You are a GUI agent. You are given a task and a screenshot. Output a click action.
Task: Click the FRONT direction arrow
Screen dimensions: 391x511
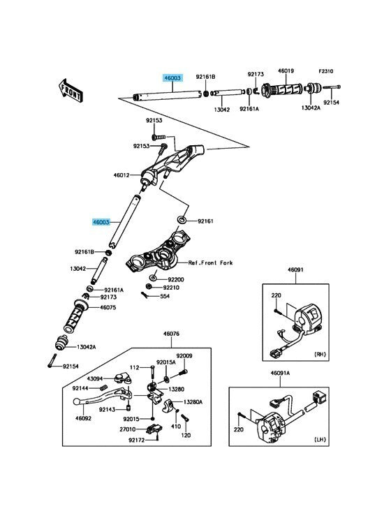coord(71,90)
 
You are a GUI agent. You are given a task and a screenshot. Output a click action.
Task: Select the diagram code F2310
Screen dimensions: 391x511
coord(325,71)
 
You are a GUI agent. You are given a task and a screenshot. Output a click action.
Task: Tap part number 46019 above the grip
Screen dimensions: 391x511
coord(286,71)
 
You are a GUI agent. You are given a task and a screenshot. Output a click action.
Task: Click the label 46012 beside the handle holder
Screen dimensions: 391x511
coord(121,175)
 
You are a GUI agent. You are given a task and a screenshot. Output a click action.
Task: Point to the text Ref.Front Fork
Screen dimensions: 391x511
coord(210,262)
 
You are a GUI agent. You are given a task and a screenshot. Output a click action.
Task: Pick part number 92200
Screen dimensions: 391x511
coord(176,280)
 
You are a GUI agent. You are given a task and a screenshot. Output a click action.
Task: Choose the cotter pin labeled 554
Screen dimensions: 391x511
coord(145,295)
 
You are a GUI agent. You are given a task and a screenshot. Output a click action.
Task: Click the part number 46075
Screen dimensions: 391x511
coord(108,307)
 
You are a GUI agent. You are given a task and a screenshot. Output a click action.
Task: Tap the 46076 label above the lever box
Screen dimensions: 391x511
coord(171,334)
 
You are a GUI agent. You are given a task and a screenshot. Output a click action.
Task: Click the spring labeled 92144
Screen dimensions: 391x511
coord(103,387)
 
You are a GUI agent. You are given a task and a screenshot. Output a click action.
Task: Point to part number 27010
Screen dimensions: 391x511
coord(127,429)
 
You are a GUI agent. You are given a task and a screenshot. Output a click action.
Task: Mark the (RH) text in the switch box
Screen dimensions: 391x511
coord(320,354)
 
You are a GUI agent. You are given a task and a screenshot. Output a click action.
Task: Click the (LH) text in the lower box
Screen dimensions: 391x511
coord(320,439)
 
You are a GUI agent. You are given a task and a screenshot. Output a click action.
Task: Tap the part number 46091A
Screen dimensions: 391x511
coord(280,373)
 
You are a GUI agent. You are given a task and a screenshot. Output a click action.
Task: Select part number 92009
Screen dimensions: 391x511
coord(184,356)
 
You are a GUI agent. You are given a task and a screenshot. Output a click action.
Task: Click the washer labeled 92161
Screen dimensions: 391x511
coord(182,219)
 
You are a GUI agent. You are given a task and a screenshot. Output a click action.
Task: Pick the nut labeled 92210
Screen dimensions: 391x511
coord(148,287)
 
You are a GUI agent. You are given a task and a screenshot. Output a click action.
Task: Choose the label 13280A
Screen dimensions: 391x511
coord(193,402)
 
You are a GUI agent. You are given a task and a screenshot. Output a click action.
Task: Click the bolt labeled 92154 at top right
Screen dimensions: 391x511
coord(332,87)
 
